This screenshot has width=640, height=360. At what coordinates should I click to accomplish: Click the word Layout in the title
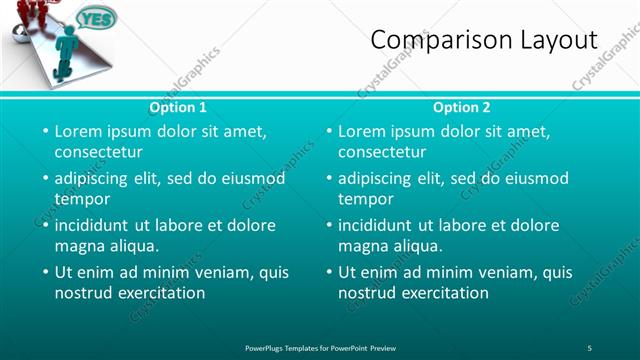554,40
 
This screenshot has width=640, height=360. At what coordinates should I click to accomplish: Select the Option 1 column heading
178,107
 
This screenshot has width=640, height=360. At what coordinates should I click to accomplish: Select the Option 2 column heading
462,107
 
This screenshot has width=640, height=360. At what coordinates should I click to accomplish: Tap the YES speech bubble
96,19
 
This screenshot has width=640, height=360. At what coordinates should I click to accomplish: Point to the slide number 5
590,347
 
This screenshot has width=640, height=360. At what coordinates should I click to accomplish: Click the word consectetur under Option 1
98,152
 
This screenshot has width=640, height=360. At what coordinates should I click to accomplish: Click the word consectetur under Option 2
381,152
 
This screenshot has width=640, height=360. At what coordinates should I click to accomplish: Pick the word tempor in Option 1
80,199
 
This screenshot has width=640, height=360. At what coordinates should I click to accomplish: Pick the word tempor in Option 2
363,199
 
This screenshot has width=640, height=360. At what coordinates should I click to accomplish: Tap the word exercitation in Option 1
161,293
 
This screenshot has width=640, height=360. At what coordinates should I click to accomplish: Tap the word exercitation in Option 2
445,293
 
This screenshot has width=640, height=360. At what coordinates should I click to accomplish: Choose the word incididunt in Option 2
378,225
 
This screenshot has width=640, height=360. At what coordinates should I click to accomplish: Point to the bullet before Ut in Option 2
327,272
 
